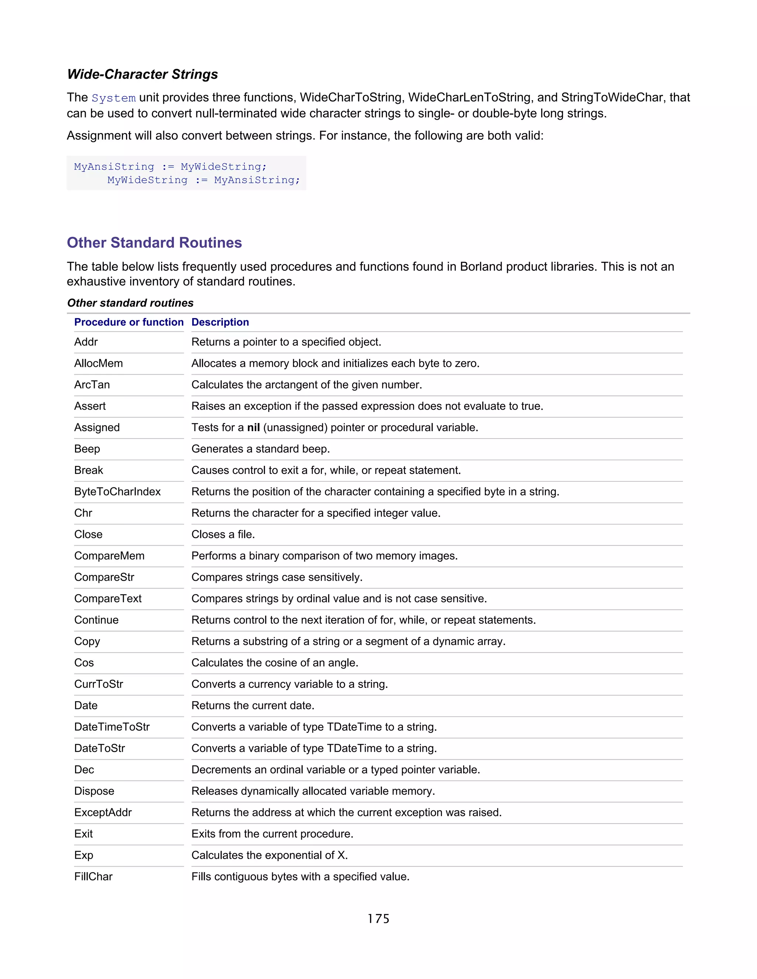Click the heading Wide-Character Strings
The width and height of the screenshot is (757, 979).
[x=142, y=74]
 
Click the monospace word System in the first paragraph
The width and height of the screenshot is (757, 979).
[x=113, y=98]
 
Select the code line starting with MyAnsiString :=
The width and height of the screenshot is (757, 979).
[x=170, y=167]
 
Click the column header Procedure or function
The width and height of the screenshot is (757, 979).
[x=129, y=322]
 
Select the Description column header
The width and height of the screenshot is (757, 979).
[x=220, y=322]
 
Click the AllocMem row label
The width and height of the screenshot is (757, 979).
[x=98, y=364]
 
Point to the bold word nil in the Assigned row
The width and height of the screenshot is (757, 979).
[x=253, y=428]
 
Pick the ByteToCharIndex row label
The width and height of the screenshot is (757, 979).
[x=117, y=492]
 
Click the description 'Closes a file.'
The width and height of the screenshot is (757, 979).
[x=223, y=535]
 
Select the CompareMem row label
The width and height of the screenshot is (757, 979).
[x=109, y=556]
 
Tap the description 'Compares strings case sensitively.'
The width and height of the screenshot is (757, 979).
[x=277, y=577]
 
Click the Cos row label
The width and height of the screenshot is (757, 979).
[x=84, y=663]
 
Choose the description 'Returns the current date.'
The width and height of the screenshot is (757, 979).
[x=252, y=706]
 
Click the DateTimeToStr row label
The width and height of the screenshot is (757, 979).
[x=112, y=727]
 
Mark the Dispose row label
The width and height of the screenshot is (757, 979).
[x=94, y=791]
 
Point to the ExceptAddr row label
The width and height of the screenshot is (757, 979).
[x=103, y=813]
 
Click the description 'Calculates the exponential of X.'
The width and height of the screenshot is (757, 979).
[x=269, y=855]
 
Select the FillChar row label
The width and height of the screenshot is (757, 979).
[x=93, y=877]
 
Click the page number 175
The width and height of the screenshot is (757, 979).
[x=378, y=919]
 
